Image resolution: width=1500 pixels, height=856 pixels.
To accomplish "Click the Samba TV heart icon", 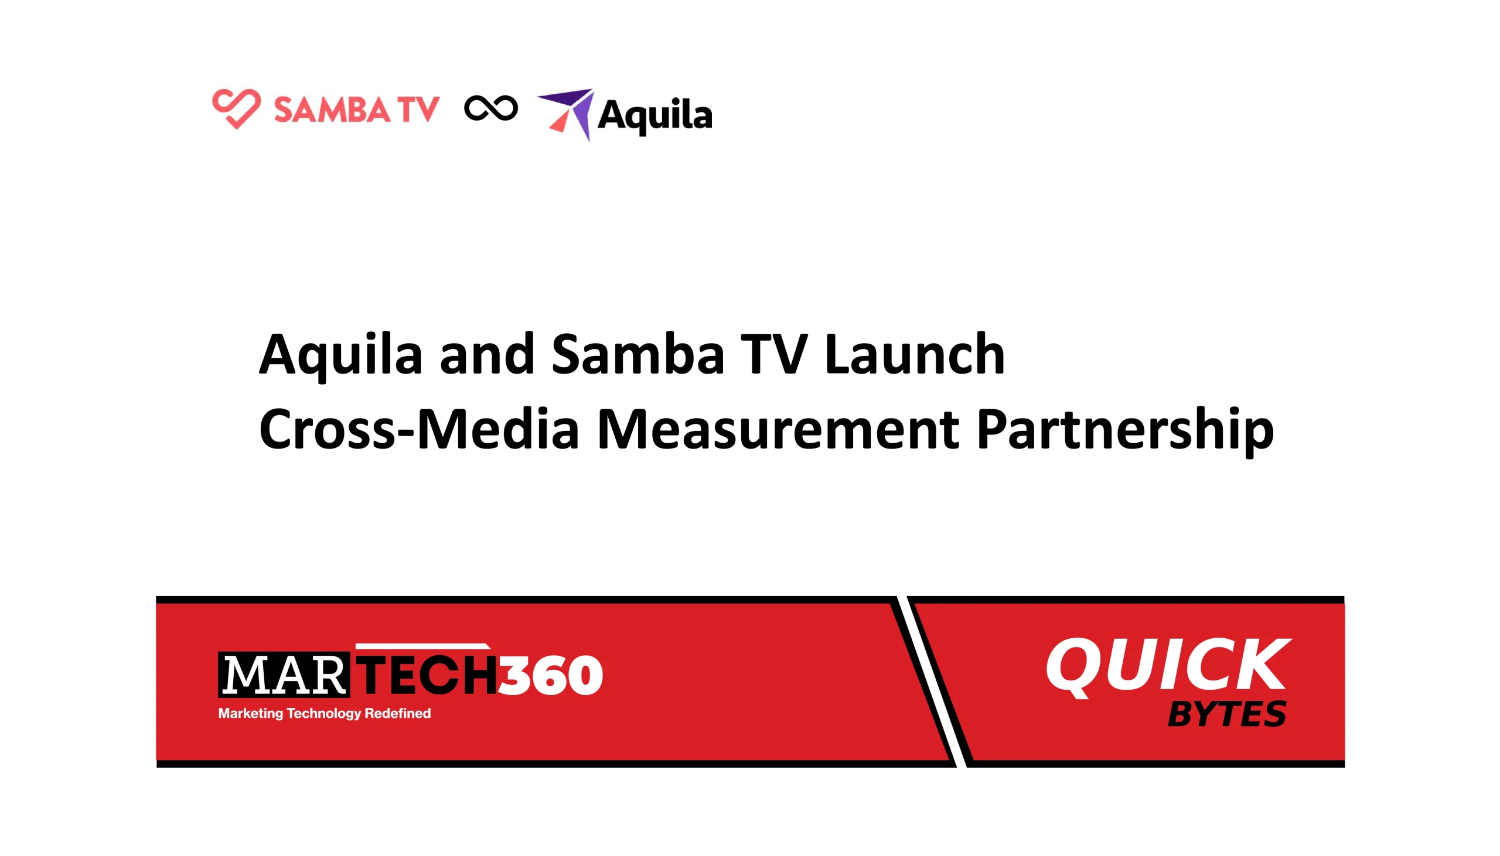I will pyautogui.click(x=236, y=108).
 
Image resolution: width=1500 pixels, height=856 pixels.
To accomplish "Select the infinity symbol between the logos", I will pyautogui.click(x=490, y=108).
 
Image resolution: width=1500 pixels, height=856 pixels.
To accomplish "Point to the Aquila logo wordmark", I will pyautogui.click(x=654, y=115).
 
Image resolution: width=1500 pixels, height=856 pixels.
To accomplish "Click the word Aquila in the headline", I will pyautogui.click(x=341, y=354).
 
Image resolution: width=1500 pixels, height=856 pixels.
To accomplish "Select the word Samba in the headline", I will pyautogui.click(x=637, y=354).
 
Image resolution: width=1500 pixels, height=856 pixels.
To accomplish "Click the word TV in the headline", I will pyautogui.click(x=773, y=354).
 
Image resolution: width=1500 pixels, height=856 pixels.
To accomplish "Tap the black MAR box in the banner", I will pyautogui.click(x=284, y=674).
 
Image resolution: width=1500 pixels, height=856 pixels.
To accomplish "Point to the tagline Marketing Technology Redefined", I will pyautogui.click(x=324, y=713).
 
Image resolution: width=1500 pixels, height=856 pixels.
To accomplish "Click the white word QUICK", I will pyautogui.click(x=1167, y=666).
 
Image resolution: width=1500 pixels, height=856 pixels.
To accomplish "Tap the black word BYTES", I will pyautogui.click(x=1226, y=714).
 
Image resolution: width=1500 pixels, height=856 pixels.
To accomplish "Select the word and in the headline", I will pyautogui.click(x=486, y=354).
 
